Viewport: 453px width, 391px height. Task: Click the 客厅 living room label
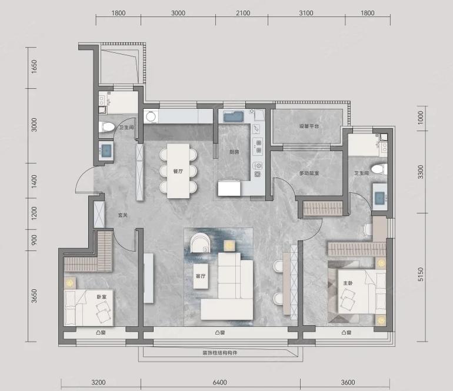pyautogui.click(x=201, y=276)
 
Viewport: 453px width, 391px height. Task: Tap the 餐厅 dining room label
pyautogui.click(x=178, y=171)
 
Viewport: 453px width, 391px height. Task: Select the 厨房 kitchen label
pyautogui.click(x=234, y=152)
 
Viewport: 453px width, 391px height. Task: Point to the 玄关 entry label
pyautogui.click(x=123, y=215)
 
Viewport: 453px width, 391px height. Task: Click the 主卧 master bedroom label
pyautogui.click(x=348, y=283)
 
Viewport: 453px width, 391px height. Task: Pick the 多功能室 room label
pyautogui.click(x=309, y=173)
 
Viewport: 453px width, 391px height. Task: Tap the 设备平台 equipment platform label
pyautogui.click(x=309, y=126)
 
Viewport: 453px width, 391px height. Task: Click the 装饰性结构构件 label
pyautogui.click(x=220, y=353)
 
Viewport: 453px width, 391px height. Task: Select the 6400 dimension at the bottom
pyautogui.click(x=220, y=382)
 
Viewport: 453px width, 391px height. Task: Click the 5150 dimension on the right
pyautogui.click(x=421, y=275)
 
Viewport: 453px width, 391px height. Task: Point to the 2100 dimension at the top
pyautogui.click(x=243, y=13)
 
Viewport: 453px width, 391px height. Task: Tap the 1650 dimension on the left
pyautogui.click(x=34, y=66)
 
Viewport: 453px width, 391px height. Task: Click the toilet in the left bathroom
pyautogui.click(x=106, y=127)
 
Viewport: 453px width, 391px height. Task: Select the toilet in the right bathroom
pyautogui.click(x=379, y=169)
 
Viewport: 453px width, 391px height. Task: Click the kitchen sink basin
pyautogui.click(x=234, y=116)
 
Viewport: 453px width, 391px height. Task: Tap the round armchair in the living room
pyautogui.click(x=200, y=243)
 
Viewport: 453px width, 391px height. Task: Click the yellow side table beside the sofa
pyautogui.click(x=229, y=245)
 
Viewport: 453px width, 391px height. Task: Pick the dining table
pyautogui.click(x=178, y=171)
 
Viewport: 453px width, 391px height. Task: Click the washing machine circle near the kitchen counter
pyautogui.click(x=151, y=116)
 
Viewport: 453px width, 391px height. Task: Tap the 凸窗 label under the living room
pyautogui.click(x=220, y=333)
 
